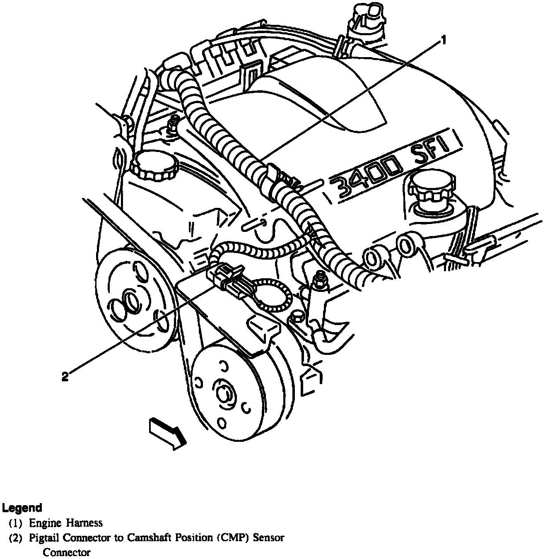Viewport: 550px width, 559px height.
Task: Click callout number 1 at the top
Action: pos(443,40)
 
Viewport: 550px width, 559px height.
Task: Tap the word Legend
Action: pos(22,508)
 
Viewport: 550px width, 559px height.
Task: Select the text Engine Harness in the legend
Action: pos(65,523)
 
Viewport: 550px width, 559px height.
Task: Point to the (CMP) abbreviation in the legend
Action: pos(235,538)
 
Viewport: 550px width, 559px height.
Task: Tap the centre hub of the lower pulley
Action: pos(224,394)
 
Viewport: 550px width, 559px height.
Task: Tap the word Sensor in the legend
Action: pos(269,538)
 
